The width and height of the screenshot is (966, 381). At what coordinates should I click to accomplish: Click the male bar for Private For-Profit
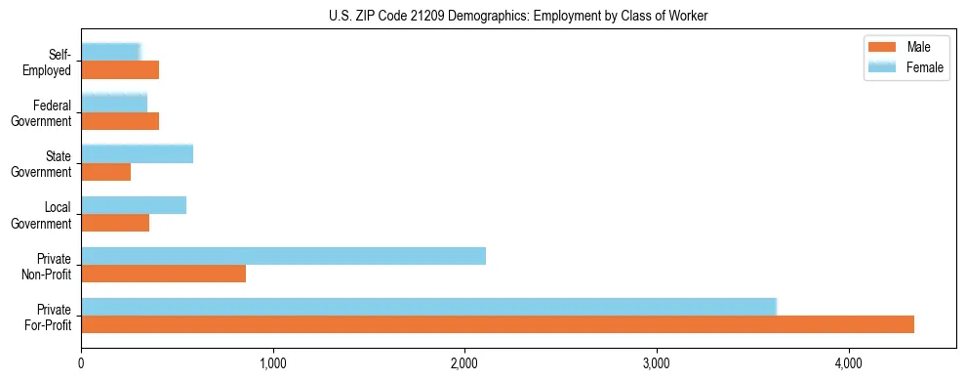pyautogui.click(x=498, y=324)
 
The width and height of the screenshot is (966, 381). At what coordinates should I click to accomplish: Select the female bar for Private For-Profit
pyautogui.click(x=428, y=307)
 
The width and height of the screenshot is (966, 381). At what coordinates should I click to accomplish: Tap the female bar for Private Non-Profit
pyautogui.click(x=283, y=256)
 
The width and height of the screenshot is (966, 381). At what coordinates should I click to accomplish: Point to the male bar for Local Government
pyautogui.click(x=115, y=223)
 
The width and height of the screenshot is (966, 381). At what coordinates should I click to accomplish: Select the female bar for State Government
pyautogui.click(x=137, y=154)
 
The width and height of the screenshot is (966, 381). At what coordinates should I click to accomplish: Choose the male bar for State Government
pyautogui.click(x=105, y=172)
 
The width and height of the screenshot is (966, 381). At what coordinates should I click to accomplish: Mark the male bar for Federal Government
pyautogui.click(x=120, y=121)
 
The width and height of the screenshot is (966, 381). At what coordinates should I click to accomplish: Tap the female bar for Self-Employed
pyautogui.click(x=110, y=53)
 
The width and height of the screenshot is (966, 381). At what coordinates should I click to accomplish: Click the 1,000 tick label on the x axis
pyautogui.click(x=273, y=364)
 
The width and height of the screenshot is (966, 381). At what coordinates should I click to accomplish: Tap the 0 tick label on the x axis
pyautogui.click(x=81, y=364)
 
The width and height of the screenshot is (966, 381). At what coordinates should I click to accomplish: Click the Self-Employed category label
pyautogui.click(x=50, y=63)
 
